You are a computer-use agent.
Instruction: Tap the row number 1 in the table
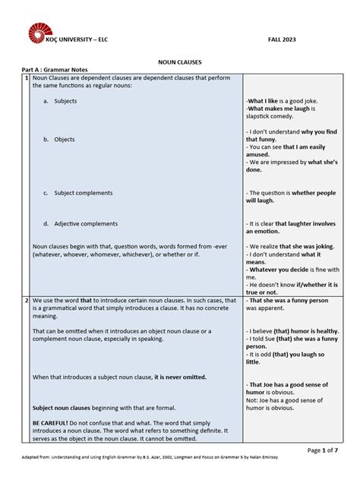click(26, 78)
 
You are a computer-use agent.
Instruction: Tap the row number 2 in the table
click(26, 302)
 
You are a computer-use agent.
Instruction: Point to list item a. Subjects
click(61, 101)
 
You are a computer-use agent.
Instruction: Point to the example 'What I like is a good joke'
click(289, 101)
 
